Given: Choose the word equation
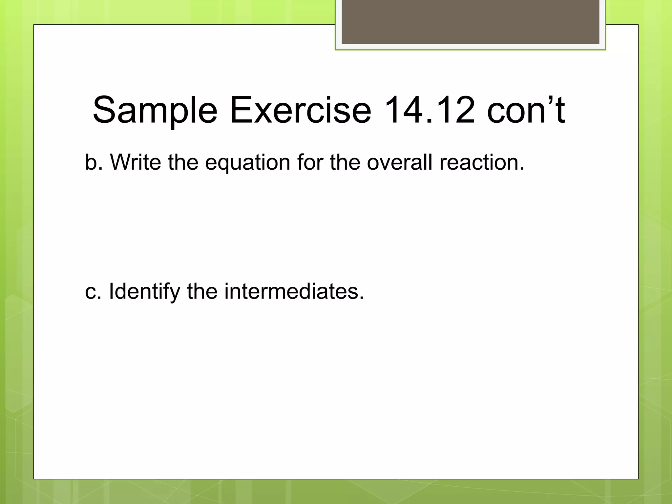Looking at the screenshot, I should [x=248, y=163].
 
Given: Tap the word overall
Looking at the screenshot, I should [x=399, y=162].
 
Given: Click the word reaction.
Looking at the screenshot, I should [x=482, y=162].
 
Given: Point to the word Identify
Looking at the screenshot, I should [x=144, y=291].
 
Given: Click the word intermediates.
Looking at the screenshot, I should [x=294, y=291].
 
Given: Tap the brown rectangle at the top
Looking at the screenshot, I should [x=470, y=22].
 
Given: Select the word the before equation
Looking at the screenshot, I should [x=183, y=162].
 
